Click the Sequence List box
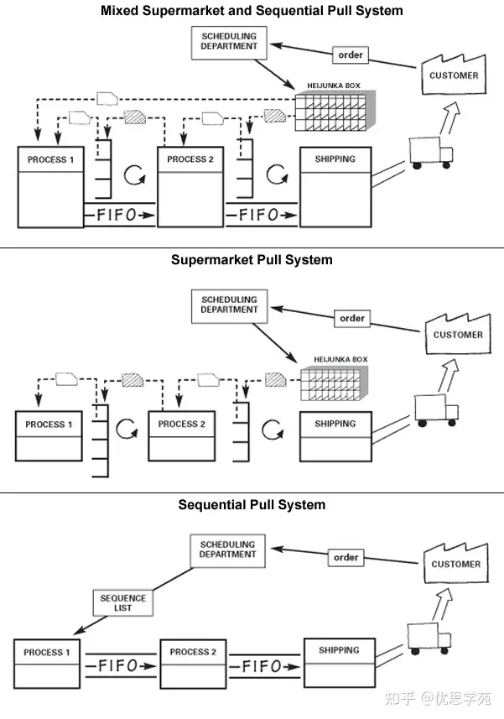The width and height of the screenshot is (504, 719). [122, 602]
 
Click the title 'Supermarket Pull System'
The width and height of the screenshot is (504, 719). [252, 260]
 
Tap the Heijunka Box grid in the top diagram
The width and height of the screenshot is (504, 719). [335, 111]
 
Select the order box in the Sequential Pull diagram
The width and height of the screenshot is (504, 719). [346, 558]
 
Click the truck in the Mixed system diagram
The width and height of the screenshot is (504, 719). [431, 153]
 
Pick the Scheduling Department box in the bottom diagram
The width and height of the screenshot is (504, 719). [228, 550]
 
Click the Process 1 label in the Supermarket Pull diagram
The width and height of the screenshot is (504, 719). [49, 425]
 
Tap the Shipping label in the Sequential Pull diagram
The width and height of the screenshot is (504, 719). [339, 650]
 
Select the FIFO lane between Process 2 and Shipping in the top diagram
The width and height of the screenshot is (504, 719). [262, 215]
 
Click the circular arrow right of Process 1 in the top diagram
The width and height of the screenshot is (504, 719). [134, 175]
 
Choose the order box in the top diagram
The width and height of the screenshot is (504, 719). [351, 55]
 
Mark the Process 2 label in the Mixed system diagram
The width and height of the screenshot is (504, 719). [190, 159]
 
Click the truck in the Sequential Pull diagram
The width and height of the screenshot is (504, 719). [429, 638]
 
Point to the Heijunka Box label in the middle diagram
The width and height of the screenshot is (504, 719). [340, 359]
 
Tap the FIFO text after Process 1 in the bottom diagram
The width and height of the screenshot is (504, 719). [117, 665]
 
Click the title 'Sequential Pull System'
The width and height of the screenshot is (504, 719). [252, 505]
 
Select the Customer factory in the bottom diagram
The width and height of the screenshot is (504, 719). [456, 563]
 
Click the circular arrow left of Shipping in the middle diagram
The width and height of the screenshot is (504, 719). [273, 430]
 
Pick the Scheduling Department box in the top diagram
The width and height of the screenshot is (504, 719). [229, 43]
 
